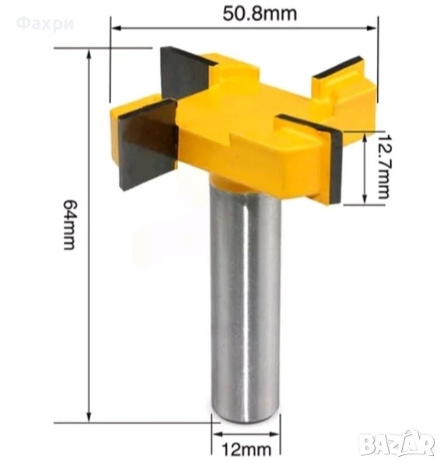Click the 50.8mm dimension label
260,14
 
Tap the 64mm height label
69,224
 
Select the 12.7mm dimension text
383,166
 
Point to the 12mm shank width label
246,449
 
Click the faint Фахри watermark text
44,24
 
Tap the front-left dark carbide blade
148,144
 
